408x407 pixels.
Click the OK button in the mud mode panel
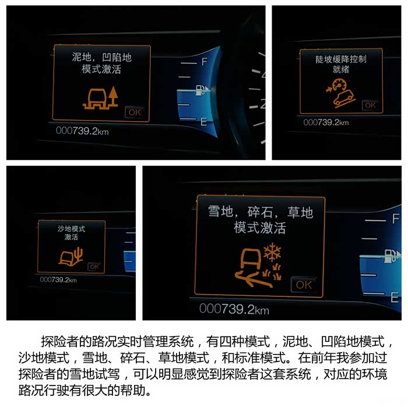coord(135,112)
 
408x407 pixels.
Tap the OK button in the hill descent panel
coord(370,105)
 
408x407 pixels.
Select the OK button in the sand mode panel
coord(94,267)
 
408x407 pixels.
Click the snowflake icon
coord(272,252)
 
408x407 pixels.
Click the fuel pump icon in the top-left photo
coord(202,90)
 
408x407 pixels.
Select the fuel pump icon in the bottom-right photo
coord(392,256)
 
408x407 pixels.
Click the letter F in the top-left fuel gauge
coord(205,62)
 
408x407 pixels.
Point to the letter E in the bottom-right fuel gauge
coord(395,298)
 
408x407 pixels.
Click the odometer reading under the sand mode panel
coord(58,279)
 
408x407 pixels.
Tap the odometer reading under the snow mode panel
coord(234,309)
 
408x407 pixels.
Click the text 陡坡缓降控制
coord(341,59)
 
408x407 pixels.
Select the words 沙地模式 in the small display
coord(71,229)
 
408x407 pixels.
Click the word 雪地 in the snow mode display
coord(221,211)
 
